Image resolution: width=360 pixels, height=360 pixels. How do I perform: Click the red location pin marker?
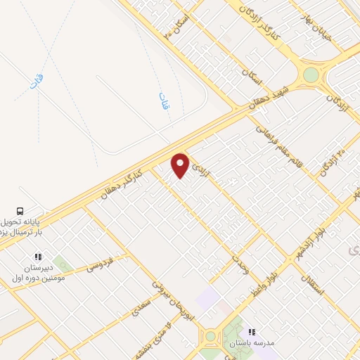tap(181, 165)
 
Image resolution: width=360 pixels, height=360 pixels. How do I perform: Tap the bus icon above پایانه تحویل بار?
tap(20, 210)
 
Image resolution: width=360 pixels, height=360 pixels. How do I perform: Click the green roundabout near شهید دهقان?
tap(310, 75)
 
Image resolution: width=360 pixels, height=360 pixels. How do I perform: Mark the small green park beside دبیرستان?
tap(62, 265)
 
